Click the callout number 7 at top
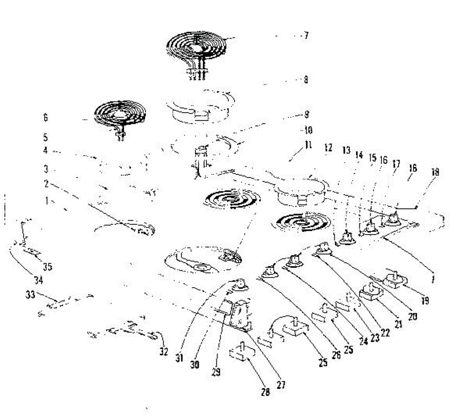(x=306, y=36)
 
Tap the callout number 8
(x=306, y=80)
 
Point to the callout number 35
(x=47, y=267)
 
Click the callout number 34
(x=38, y=281)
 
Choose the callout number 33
(x=30, y=295)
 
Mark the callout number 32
(x=164, y=351)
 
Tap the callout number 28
(x=265, y=392)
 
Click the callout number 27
(x=281, y=384)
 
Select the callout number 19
(x=425, y=301)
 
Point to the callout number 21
(x=399, y=324)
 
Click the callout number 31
(x=179, y=359)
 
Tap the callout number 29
(x=216, y=372)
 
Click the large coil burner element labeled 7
(x=197, y=47)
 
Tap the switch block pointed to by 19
(x=395, y=281)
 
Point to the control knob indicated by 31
(x=239, y=284)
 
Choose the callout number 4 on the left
(x=46, y=151)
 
